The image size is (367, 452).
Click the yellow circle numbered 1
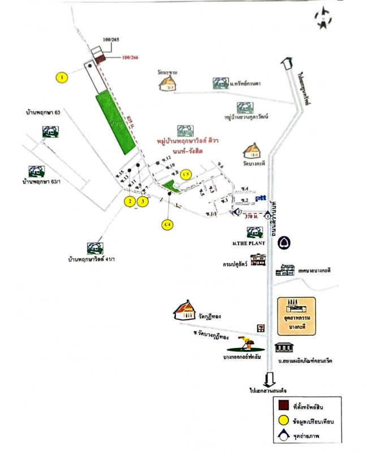coord(63,76)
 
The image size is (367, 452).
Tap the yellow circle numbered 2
coord(129,201)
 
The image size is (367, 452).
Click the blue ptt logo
coord(261,198)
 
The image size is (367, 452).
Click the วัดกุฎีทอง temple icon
coord(186,310)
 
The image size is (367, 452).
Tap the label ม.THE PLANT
coord(252,243)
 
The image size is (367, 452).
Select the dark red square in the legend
coord(286,405)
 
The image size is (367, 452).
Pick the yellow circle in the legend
coord(286,420)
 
